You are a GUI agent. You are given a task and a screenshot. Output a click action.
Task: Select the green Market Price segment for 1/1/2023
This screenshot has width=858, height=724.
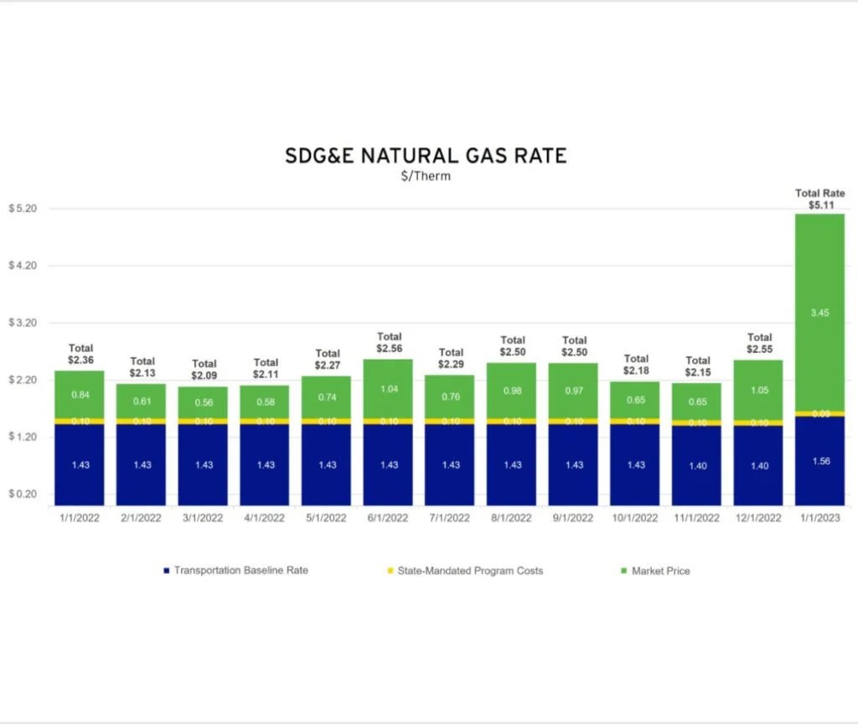820,312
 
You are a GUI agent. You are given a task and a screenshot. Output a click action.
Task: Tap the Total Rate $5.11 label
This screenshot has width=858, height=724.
820,199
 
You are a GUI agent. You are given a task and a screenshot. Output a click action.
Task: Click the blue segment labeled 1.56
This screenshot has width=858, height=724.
820,461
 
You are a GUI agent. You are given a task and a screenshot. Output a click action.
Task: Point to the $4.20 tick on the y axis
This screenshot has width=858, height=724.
23,266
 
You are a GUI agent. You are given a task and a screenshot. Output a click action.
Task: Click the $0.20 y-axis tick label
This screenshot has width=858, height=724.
23,494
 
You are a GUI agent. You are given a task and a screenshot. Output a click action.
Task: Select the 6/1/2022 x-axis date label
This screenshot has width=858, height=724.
389,518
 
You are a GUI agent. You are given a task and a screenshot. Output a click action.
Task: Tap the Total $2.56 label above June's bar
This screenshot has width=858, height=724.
389,342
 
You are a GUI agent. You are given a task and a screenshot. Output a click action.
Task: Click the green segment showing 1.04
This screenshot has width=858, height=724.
389,390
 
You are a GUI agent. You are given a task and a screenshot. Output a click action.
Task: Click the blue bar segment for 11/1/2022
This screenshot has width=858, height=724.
697,465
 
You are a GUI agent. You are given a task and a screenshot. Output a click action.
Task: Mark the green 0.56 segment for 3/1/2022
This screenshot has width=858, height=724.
204,402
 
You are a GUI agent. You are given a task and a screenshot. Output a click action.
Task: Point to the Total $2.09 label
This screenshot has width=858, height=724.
204,370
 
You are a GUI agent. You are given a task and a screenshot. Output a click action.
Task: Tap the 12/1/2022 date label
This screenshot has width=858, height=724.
759,518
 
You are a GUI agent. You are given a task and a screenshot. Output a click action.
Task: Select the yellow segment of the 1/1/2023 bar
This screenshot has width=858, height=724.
820,413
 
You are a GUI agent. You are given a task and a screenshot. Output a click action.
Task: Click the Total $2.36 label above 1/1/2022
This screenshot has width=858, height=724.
80,354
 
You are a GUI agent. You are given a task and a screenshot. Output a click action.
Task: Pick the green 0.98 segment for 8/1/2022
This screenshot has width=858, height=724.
512,390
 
